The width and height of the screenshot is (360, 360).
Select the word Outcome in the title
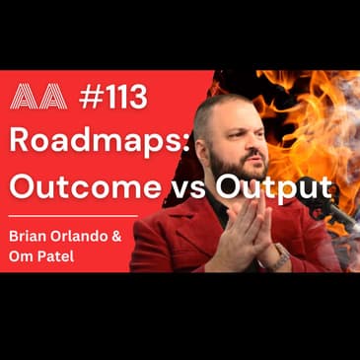68,183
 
